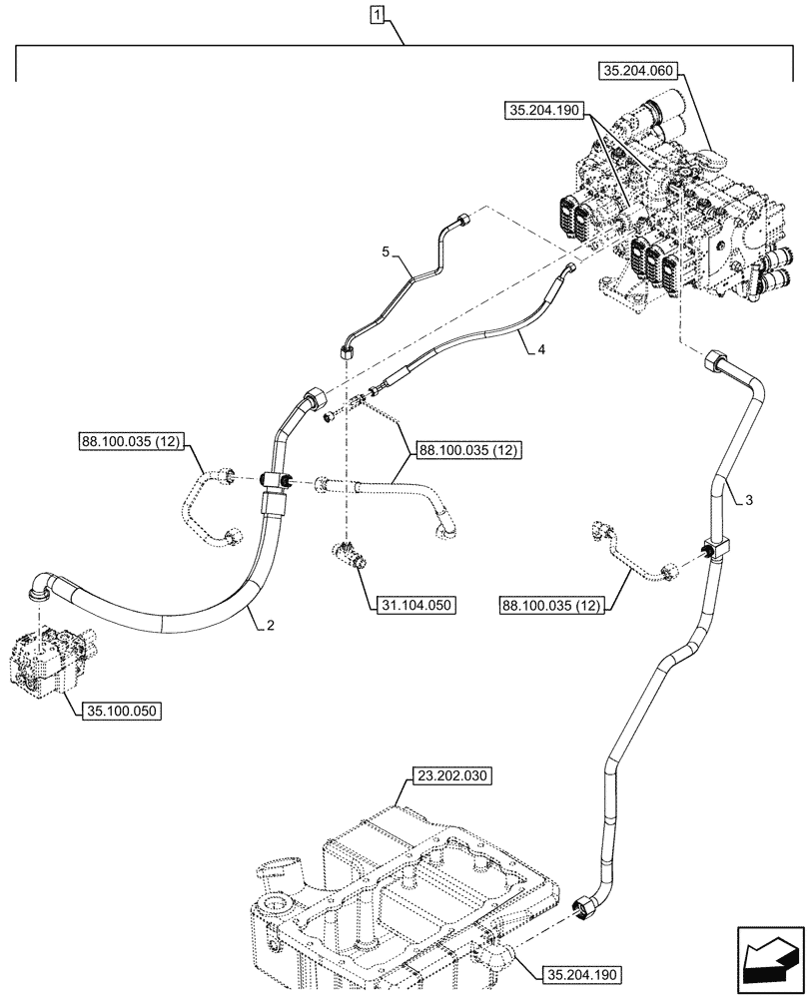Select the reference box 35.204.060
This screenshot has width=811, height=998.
639,71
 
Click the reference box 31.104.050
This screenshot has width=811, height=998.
415,605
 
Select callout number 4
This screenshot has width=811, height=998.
540,349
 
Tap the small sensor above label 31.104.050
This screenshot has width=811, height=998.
351,553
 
